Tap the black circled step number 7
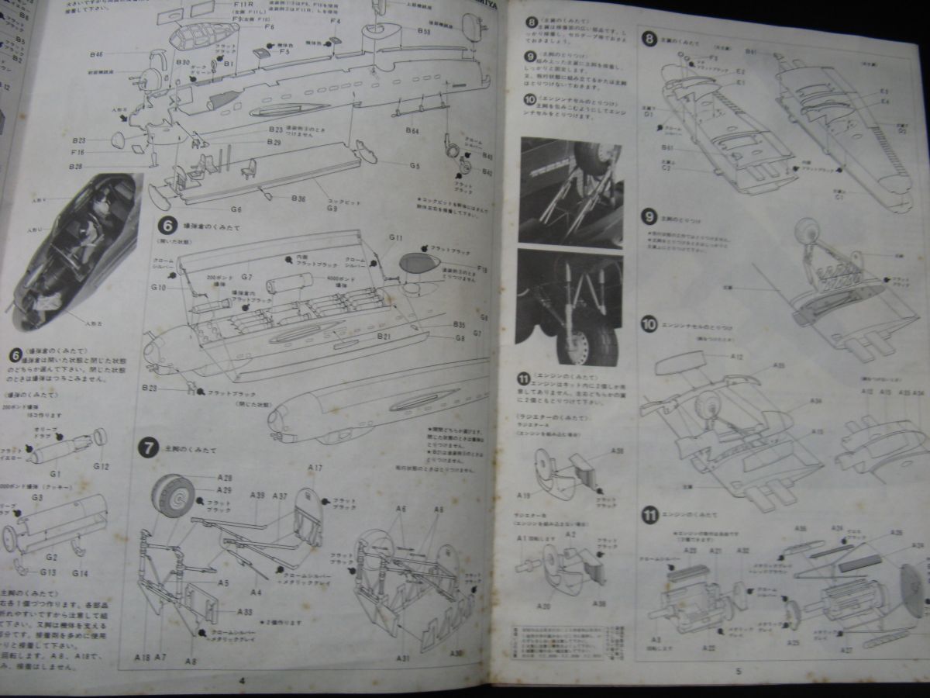coord(146,447)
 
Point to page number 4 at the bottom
coord(242,680)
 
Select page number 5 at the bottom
coord(739,672)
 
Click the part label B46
coord(97,54)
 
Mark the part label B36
coord(298,199)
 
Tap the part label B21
coord(385,336)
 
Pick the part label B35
coord(458,324)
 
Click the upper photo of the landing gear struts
coord(571,189)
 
